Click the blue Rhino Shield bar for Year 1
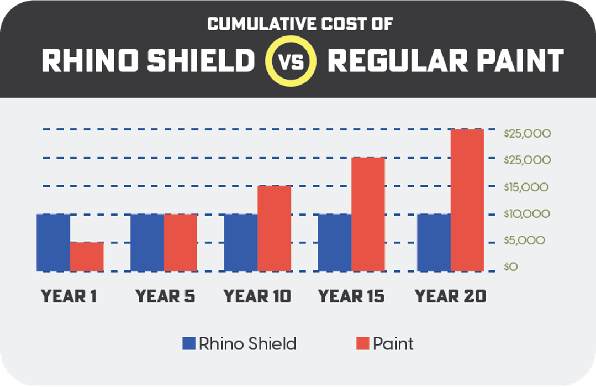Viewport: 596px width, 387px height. coord(54,242)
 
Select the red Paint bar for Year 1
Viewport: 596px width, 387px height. coord(87,257)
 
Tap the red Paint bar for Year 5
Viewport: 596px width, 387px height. coord(181,242)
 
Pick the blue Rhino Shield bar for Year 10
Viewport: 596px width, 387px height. coord(241,242)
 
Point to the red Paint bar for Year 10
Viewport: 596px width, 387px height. coord(274,228)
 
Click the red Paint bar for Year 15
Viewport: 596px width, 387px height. coord(368,215)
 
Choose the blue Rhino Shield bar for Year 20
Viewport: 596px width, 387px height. coord(434,242)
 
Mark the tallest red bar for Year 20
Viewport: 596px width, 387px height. coord(467,200)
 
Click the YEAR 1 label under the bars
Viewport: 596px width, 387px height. coord(69,296)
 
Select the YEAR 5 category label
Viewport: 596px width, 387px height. coord(165,296)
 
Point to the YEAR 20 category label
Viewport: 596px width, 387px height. coord(451,296)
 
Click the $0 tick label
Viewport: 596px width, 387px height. coord(511,267)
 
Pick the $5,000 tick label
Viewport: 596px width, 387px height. coord(524,240)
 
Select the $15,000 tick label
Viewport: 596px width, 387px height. coord(526,187)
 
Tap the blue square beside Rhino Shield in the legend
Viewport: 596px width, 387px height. coord(189,344)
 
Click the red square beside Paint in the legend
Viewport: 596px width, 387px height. coord(362,344)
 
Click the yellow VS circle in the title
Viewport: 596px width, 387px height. coord(291,61)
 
